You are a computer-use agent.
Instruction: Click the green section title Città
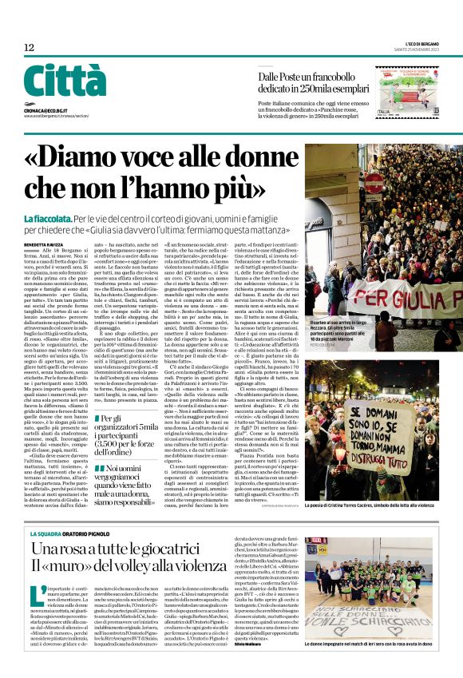(x=64, y=80)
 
